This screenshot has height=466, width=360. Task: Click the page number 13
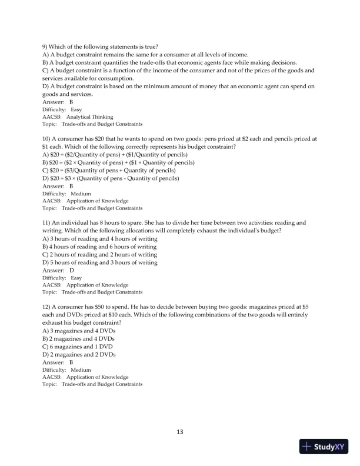(x=180, y=432)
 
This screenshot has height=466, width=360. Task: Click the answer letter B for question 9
(x=71, y=102)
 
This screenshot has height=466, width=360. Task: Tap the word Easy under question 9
(x=76, y=109)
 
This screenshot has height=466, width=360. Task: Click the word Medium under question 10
(x=81, y=193)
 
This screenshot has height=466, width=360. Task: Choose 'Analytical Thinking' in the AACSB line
(x=89, y=117)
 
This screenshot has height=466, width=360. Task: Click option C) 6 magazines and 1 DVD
(x=79, y=347)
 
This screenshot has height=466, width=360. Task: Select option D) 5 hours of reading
(x=100, y=262)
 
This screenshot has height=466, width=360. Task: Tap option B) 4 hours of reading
(x=100, y=247)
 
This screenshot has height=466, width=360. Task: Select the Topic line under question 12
(x=92, y=384)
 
